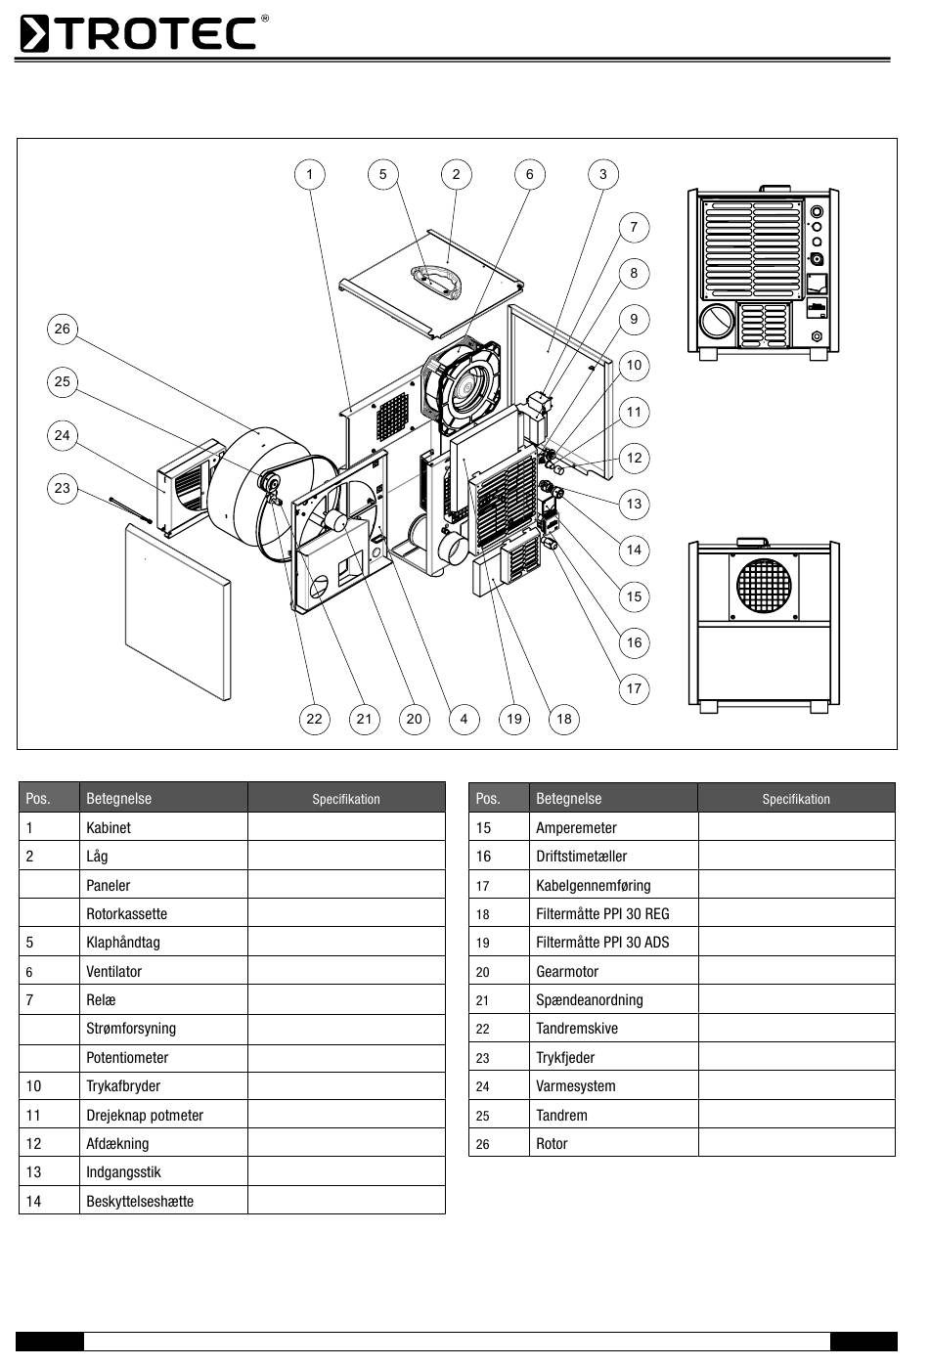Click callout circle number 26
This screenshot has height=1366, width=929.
[x=63, y=330]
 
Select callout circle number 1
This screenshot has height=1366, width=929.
[x=310, y=175]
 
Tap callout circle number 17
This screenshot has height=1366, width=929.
[x=634, y=688]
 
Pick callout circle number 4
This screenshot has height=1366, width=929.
[x=464, y=720]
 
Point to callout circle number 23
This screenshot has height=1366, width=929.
[x=63, y=488]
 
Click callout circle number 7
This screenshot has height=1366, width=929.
[x=634, y=227]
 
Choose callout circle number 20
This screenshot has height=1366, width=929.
[x=415, y=720]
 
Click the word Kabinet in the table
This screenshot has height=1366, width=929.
[x=109, y=827]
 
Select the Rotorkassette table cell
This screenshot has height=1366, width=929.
[x=126, y=913]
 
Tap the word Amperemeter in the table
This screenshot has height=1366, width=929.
[x=576, y=827]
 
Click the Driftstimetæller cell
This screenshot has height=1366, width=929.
[x=581, y=856]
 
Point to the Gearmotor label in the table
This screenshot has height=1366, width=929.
[x=567, y=971]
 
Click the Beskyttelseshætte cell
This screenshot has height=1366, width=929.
[x=140, y=1201]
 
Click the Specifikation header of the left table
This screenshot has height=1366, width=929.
[x=346, y=799]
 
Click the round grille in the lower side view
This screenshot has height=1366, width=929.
[x=763, y=588]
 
